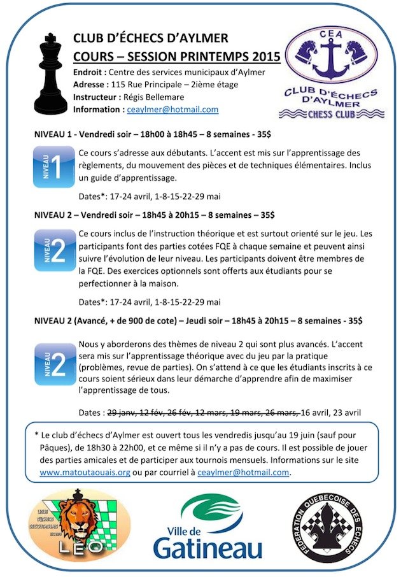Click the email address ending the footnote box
pos(243,473)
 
